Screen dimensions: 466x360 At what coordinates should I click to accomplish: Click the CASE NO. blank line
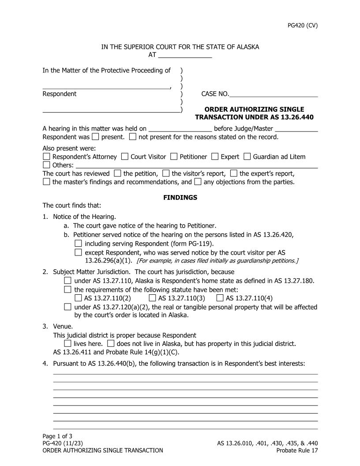point(274,94)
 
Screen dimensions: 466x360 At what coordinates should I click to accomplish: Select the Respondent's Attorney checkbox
point(47,157)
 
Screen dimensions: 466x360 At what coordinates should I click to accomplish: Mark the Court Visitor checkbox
point(125,157)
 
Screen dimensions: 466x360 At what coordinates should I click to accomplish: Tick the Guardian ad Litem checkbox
point(247,157)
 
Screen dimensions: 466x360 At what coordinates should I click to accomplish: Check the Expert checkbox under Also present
point(215,157)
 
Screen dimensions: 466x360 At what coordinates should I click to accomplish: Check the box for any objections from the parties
point(198,181)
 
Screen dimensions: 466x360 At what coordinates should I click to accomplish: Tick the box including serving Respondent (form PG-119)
point(78,244)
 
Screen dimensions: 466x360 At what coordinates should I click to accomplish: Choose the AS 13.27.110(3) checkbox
point(152,298)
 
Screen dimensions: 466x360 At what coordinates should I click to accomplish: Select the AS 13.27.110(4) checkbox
point(220,298)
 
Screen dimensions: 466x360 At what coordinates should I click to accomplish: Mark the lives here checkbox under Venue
point(67,343)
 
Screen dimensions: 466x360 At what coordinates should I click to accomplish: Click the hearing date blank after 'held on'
point(180,129)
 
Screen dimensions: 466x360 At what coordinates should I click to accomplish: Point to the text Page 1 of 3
point(57,436)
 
